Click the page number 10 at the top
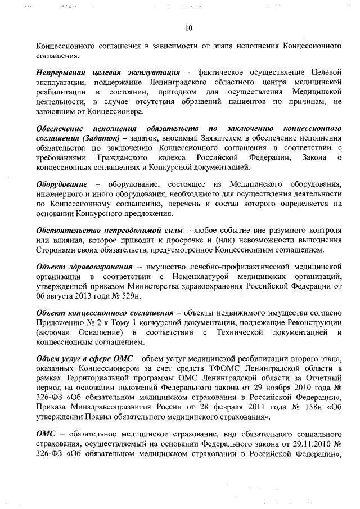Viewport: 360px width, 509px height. coord(189,28)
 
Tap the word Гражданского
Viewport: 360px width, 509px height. coord(123,157)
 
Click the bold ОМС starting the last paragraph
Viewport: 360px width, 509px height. coord(46,435)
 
